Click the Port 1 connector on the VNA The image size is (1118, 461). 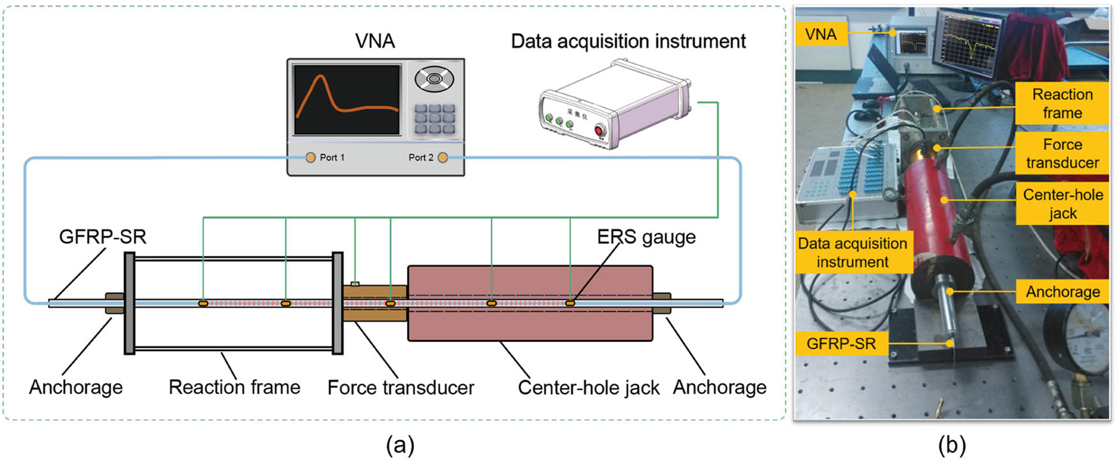310,157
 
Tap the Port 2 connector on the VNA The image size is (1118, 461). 443,157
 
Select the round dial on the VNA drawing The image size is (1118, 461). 434,79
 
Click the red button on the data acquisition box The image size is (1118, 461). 599,132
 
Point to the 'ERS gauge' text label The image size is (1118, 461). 646,237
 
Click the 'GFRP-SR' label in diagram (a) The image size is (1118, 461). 103,237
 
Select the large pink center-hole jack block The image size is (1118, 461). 530,303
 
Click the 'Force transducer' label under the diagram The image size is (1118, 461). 401,387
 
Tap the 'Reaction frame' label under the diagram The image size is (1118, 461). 234,387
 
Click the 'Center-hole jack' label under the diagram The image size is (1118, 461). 588,387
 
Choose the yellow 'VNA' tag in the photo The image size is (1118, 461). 821,34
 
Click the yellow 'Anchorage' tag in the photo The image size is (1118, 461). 1062,292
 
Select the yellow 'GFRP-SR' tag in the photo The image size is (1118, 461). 841,344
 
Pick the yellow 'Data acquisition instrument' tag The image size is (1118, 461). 852,253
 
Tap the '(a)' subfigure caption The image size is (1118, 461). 401,445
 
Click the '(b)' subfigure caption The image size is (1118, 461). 952,445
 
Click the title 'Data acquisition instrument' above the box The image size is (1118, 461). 628,42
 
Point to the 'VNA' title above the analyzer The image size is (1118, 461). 375,42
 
